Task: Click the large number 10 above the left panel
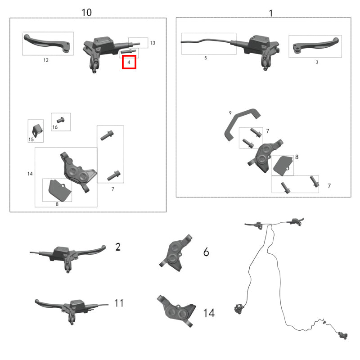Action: [x=86, y=13]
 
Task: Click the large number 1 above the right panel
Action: [x=271, y=13]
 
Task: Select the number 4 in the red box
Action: [x=129, y=62]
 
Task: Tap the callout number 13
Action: [x=153, y=43]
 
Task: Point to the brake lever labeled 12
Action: [x=47, y=43]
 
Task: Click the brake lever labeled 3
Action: [x=316, y=45]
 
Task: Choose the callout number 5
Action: [x=206, y=58]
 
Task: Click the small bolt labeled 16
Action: [x=60, y=120]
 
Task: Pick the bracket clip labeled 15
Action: [x=37, y=130]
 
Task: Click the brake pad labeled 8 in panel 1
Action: [x=283, y=166]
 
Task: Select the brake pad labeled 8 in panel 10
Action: [x=60, y=189]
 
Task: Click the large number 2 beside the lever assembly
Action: [x=118, y=247]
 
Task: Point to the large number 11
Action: [x=119, y=303]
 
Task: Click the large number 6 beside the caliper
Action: [x=206, y=252]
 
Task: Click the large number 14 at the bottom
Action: [x=209, y=313]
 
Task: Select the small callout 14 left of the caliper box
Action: [x=30, y=174]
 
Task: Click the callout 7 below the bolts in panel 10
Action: [x=113, y=189]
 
